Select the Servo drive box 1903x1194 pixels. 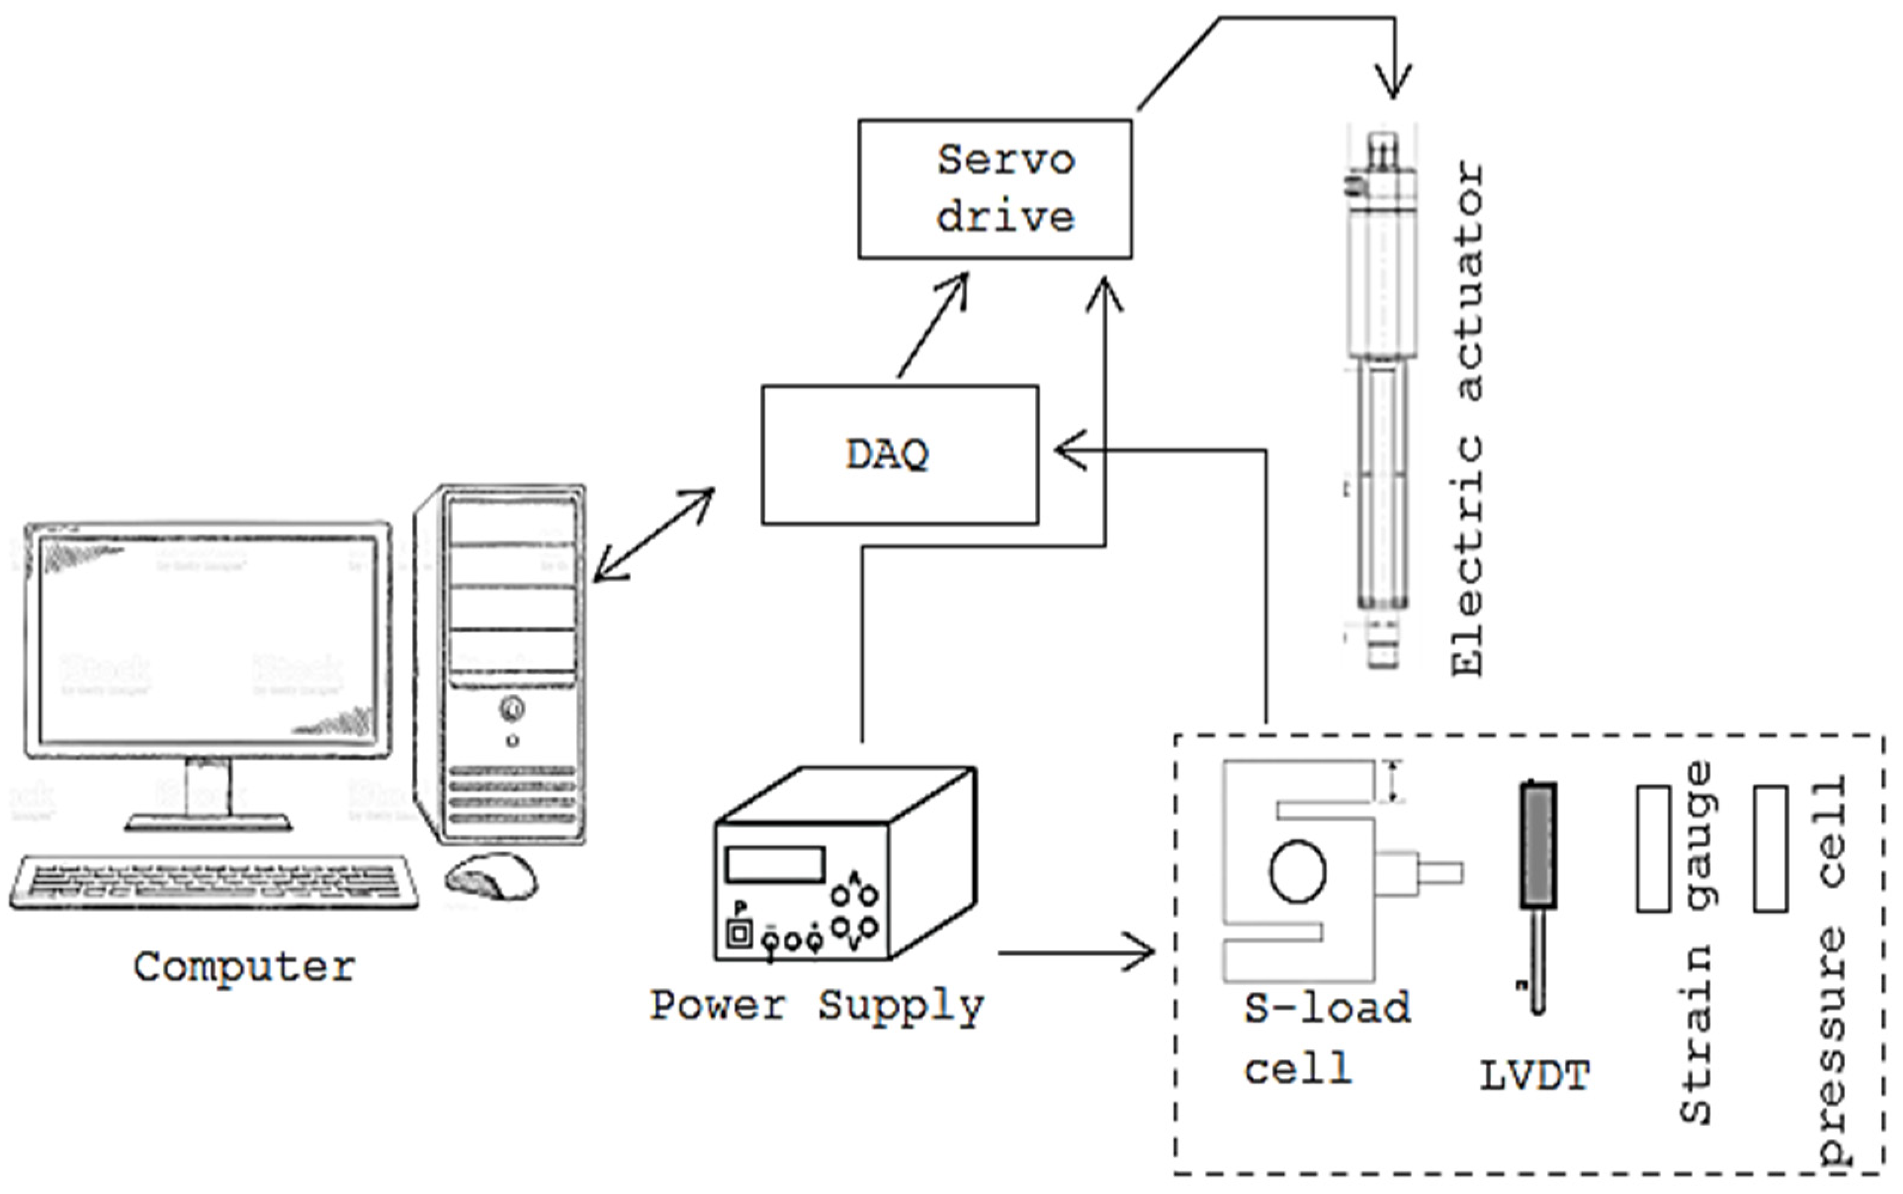[995, 190]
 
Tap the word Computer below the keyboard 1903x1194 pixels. [244, 967]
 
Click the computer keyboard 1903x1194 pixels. [213, 881]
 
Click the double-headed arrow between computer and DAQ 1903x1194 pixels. [654, 535]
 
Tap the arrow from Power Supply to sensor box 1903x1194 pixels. [1078, 952]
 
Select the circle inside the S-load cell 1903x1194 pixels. [1297, 872]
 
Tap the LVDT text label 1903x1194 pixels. [1534, 1076]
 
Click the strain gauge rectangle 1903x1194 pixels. [1652, 849]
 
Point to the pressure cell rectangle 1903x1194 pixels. [1770, 849]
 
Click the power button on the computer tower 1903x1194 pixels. [512, 709]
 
